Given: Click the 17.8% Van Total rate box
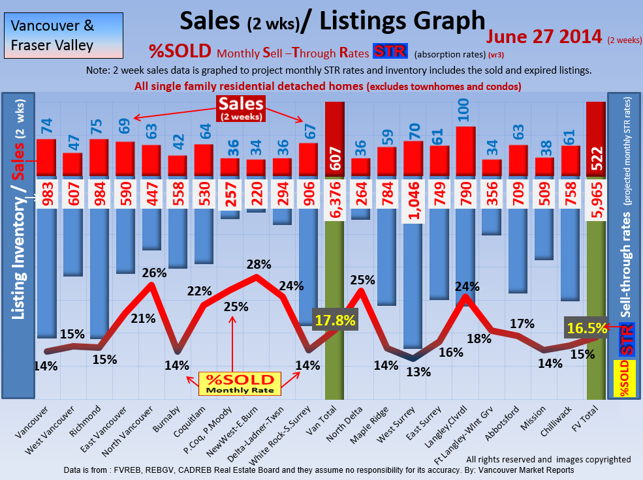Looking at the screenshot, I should (336, 320).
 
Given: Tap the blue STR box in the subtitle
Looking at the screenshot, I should (390, 52).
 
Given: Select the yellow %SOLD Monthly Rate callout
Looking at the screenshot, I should (240, 383).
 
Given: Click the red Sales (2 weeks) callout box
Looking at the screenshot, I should (241, 108).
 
